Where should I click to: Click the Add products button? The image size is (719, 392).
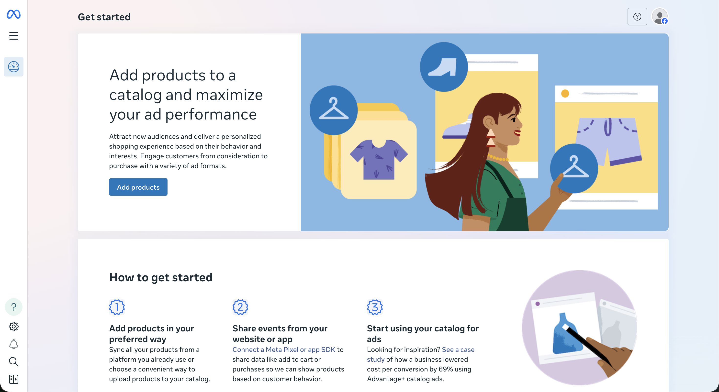(138, 187)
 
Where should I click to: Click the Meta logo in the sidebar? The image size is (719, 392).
(14, 14)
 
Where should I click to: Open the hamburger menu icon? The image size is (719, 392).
(14, 36)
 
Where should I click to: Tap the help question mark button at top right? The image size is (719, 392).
(637, 17)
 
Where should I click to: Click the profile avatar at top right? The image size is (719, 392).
(660, 17)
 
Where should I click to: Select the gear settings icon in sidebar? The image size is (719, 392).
(14, 327)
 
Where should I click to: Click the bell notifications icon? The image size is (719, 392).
(14, 344)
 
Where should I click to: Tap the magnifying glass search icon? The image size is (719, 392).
(14, 362)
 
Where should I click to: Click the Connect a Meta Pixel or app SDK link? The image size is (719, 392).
(284, 349)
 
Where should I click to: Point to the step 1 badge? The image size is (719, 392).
(117, 307)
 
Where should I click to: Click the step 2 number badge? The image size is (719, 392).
(240, 307)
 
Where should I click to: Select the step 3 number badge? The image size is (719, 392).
(375, 307)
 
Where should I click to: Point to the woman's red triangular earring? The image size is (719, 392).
(490, 138)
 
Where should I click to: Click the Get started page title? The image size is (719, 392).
(104, 17)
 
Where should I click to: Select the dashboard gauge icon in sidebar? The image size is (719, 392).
(14, 67)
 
